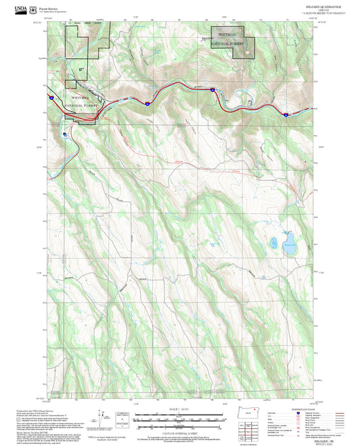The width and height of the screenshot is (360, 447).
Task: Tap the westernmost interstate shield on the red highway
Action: (50, 98)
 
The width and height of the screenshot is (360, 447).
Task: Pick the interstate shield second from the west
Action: (147, 103)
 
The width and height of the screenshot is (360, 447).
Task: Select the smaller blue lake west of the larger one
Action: (274, 241)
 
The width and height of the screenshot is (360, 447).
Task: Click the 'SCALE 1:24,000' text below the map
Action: (180, 409)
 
